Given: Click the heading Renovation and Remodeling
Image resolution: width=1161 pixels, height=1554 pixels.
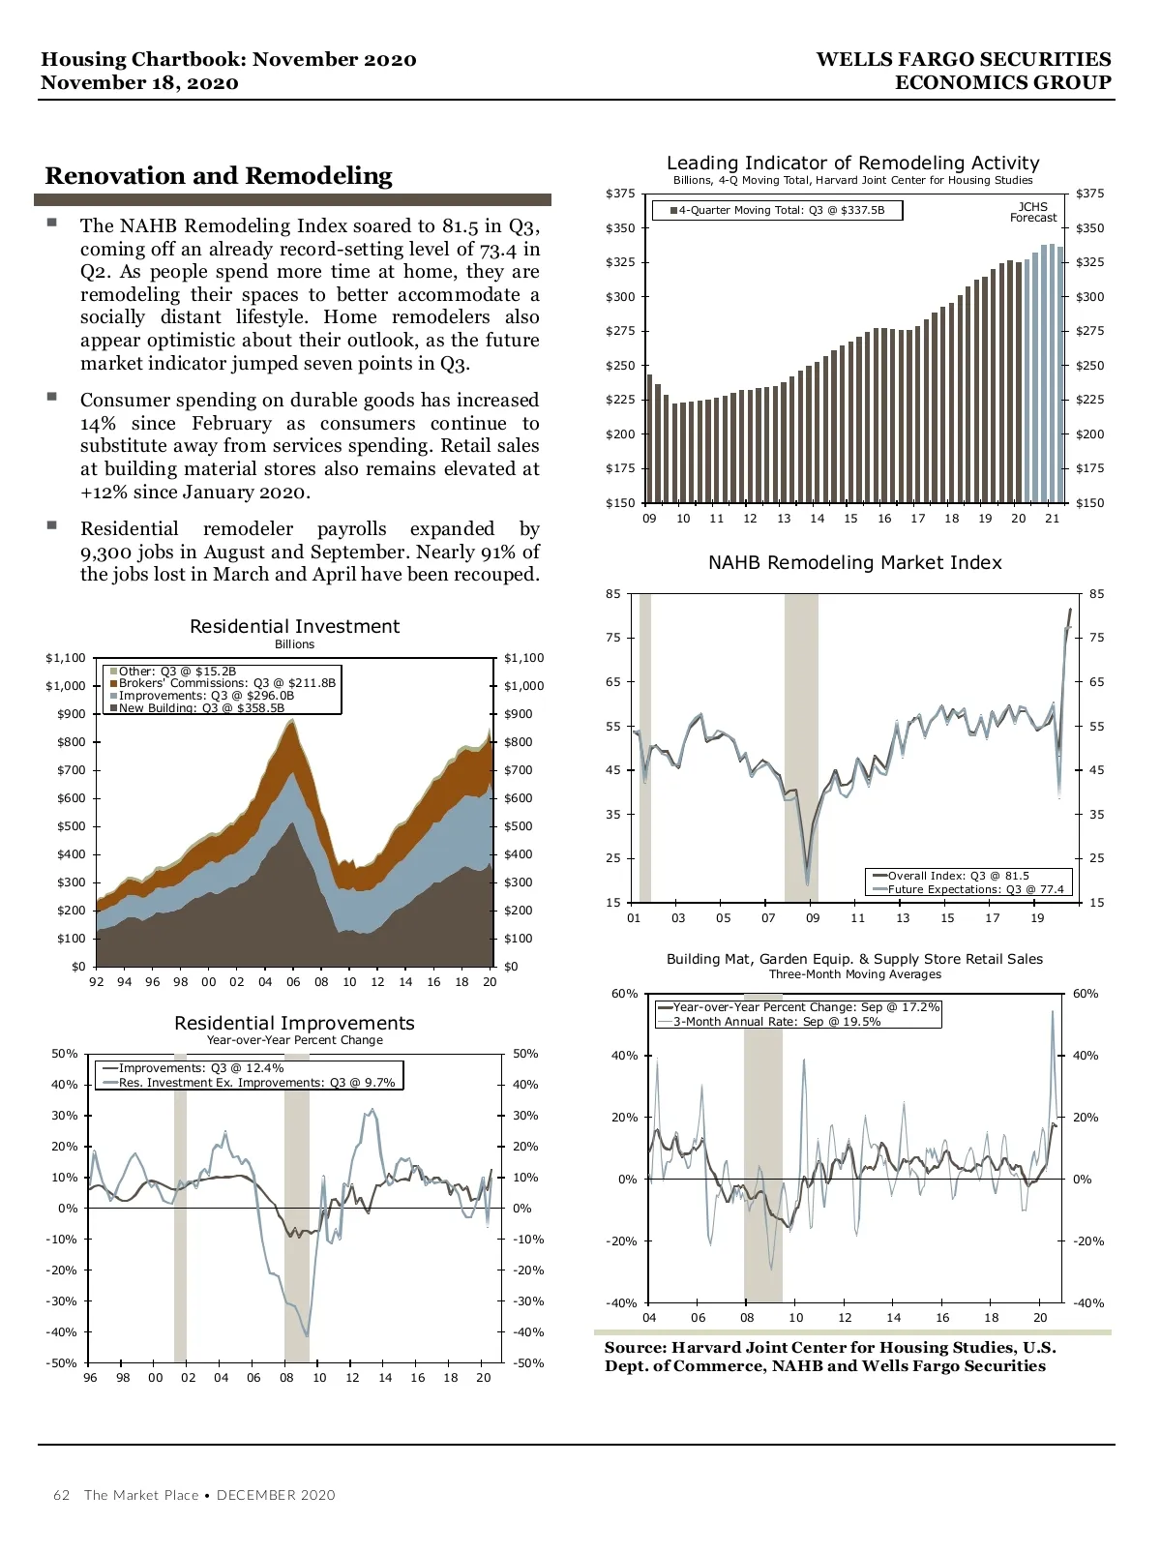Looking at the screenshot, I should [x=219, y=176].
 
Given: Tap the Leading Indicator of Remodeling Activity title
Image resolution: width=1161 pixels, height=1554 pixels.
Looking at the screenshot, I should [x=852, y=163].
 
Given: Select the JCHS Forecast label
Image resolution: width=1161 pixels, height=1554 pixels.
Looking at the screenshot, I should [x=1033, y=212].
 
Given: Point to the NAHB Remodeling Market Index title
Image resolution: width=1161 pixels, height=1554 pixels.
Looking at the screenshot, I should [x=854, y=562].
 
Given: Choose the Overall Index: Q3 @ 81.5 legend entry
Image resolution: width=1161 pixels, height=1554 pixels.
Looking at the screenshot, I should [x=958, y=876].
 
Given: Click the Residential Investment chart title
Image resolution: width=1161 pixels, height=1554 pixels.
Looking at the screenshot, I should [x=294, y=626].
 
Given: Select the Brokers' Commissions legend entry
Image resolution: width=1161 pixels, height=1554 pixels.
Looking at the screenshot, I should [x=226, y=683].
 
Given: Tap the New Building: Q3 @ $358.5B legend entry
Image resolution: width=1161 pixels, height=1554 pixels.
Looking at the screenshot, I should [x=200, y=708].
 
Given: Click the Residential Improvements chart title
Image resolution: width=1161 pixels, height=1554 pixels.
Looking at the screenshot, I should [x=294, y=1023].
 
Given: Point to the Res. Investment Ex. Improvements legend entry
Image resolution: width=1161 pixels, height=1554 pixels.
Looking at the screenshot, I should [x=255, y=1083].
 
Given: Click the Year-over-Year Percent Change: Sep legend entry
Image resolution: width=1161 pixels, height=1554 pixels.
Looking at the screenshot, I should [x=805, y=1007].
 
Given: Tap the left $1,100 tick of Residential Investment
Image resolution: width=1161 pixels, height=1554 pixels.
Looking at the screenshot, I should [x=66, y=658].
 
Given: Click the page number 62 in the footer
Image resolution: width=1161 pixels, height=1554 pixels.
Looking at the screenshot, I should [x=62, y=1495].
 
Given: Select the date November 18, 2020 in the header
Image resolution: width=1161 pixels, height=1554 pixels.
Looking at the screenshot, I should [x=139, y=83].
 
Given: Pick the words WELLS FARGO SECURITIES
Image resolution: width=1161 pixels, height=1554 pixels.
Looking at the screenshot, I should [x=963, y=59].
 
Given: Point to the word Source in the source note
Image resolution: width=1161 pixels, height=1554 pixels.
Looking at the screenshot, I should [x=635, y=1347].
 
